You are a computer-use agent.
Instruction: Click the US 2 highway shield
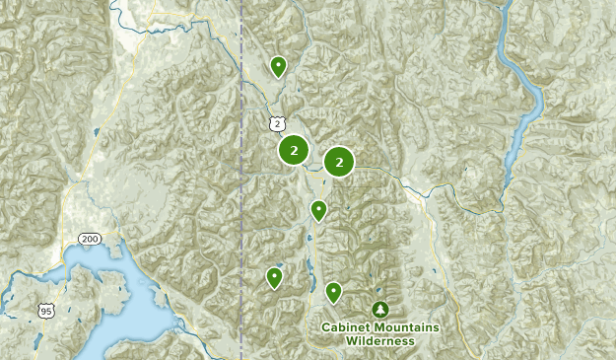[x=279, y=123]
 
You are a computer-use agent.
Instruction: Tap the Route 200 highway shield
[x=88, y=240]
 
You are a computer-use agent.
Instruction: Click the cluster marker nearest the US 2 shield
[x=294, y=150]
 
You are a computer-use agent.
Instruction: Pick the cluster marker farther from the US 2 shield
[x=339, y=161]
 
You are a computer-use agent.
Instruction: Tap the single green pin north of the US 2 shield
[x=279, y=66]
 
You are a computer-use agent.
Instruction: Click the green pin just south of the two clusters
[x=318, y=209]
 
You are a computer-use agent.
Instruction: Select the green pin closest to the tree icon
[x=333, y=291]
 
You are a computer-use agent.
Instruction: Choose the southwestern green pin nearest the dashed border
[x=274, y=277]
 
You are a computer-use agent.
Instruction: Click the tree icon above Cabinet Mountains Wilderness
[x=380, y=310]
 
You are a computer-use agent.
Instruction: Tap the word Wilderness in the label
[x=379, y=341]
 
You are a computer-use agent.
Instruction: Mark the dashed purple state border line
[x=241, y=197]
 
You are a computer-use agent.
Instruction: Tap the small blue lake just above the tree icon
[x=378, y=287]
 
